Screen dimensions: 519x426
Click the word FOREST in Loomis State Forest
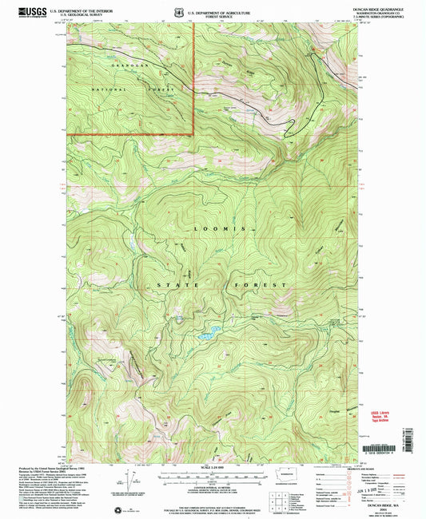click(x=269, y=285)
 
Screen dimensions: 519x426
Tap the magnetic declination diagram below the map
click(x=129, y=479)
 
